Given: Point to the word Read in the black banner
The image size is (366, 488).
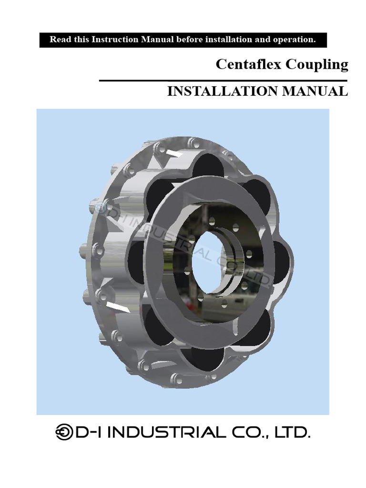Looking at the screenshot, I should coord(59,40).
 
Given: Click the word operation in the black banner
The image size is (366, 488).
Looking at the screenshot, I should coord(296,40).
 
